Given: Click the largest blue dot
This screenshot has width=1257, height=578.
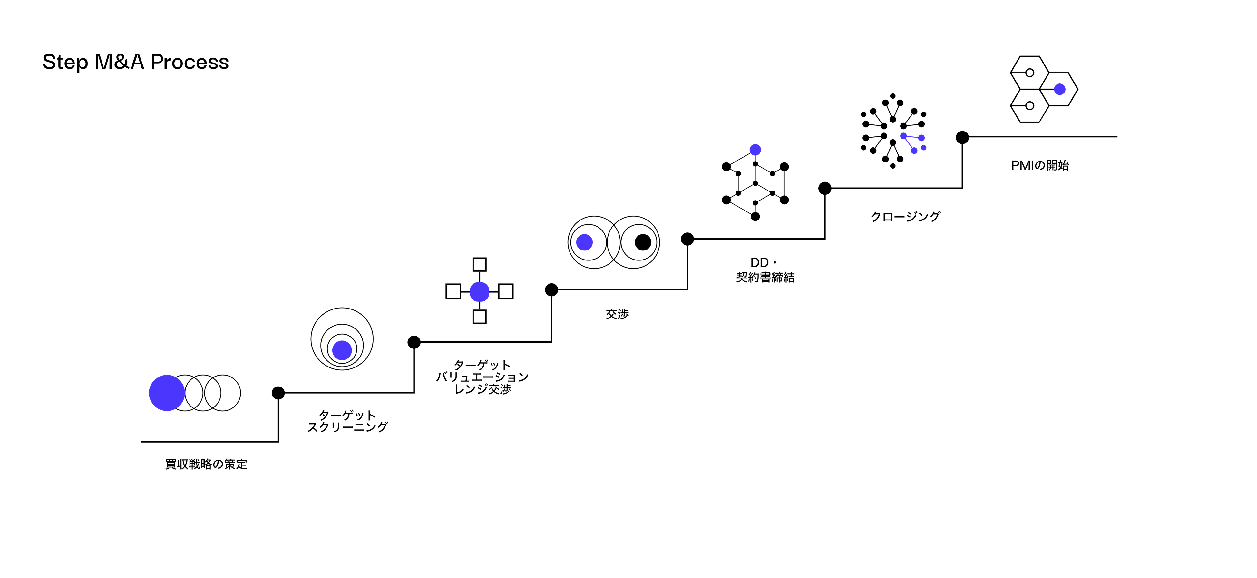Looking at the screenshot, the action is click(x=166, y=393).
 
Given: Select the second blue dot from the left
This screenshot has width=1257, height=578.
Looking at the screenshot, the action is click(x=342, y=350).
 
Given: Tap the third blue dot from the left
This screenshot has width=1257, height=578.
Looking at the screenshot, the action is click(x=479, y=292).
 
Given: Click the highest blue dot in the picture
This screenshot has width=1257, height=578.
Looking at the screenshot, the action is click(x=1059, y=89).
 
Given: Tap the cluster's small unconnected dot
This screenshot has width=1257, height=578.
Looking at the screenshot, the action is click(x=924, y=147).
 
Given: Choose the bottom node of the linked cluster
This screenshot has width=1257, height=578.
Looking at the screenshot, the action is click(x=914, y=151).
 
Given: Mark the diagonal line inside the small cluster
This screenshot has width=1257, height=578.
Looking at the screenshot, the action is click(x=909, y=143).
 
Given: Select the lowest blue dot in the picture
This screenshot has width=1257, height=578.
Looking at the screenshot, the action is click(x=166, y=393).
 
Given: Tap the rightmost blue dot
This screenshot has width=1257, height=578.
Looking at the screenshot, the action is click(x=1059, y=89).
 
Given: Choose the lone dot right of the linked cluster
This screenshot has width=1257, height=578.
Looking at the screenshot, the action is click(x=1059, y=89).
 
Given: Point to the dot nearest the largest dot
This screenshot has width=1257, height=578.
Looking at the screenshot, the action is click(x=342, y=350).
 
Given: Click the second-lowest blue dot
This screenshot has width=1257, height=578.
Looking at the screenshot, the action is click(x=342, y=350).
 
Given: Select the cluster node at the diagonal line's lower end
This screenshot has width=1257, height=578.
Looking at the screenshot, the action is click(x=914, y=151).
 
